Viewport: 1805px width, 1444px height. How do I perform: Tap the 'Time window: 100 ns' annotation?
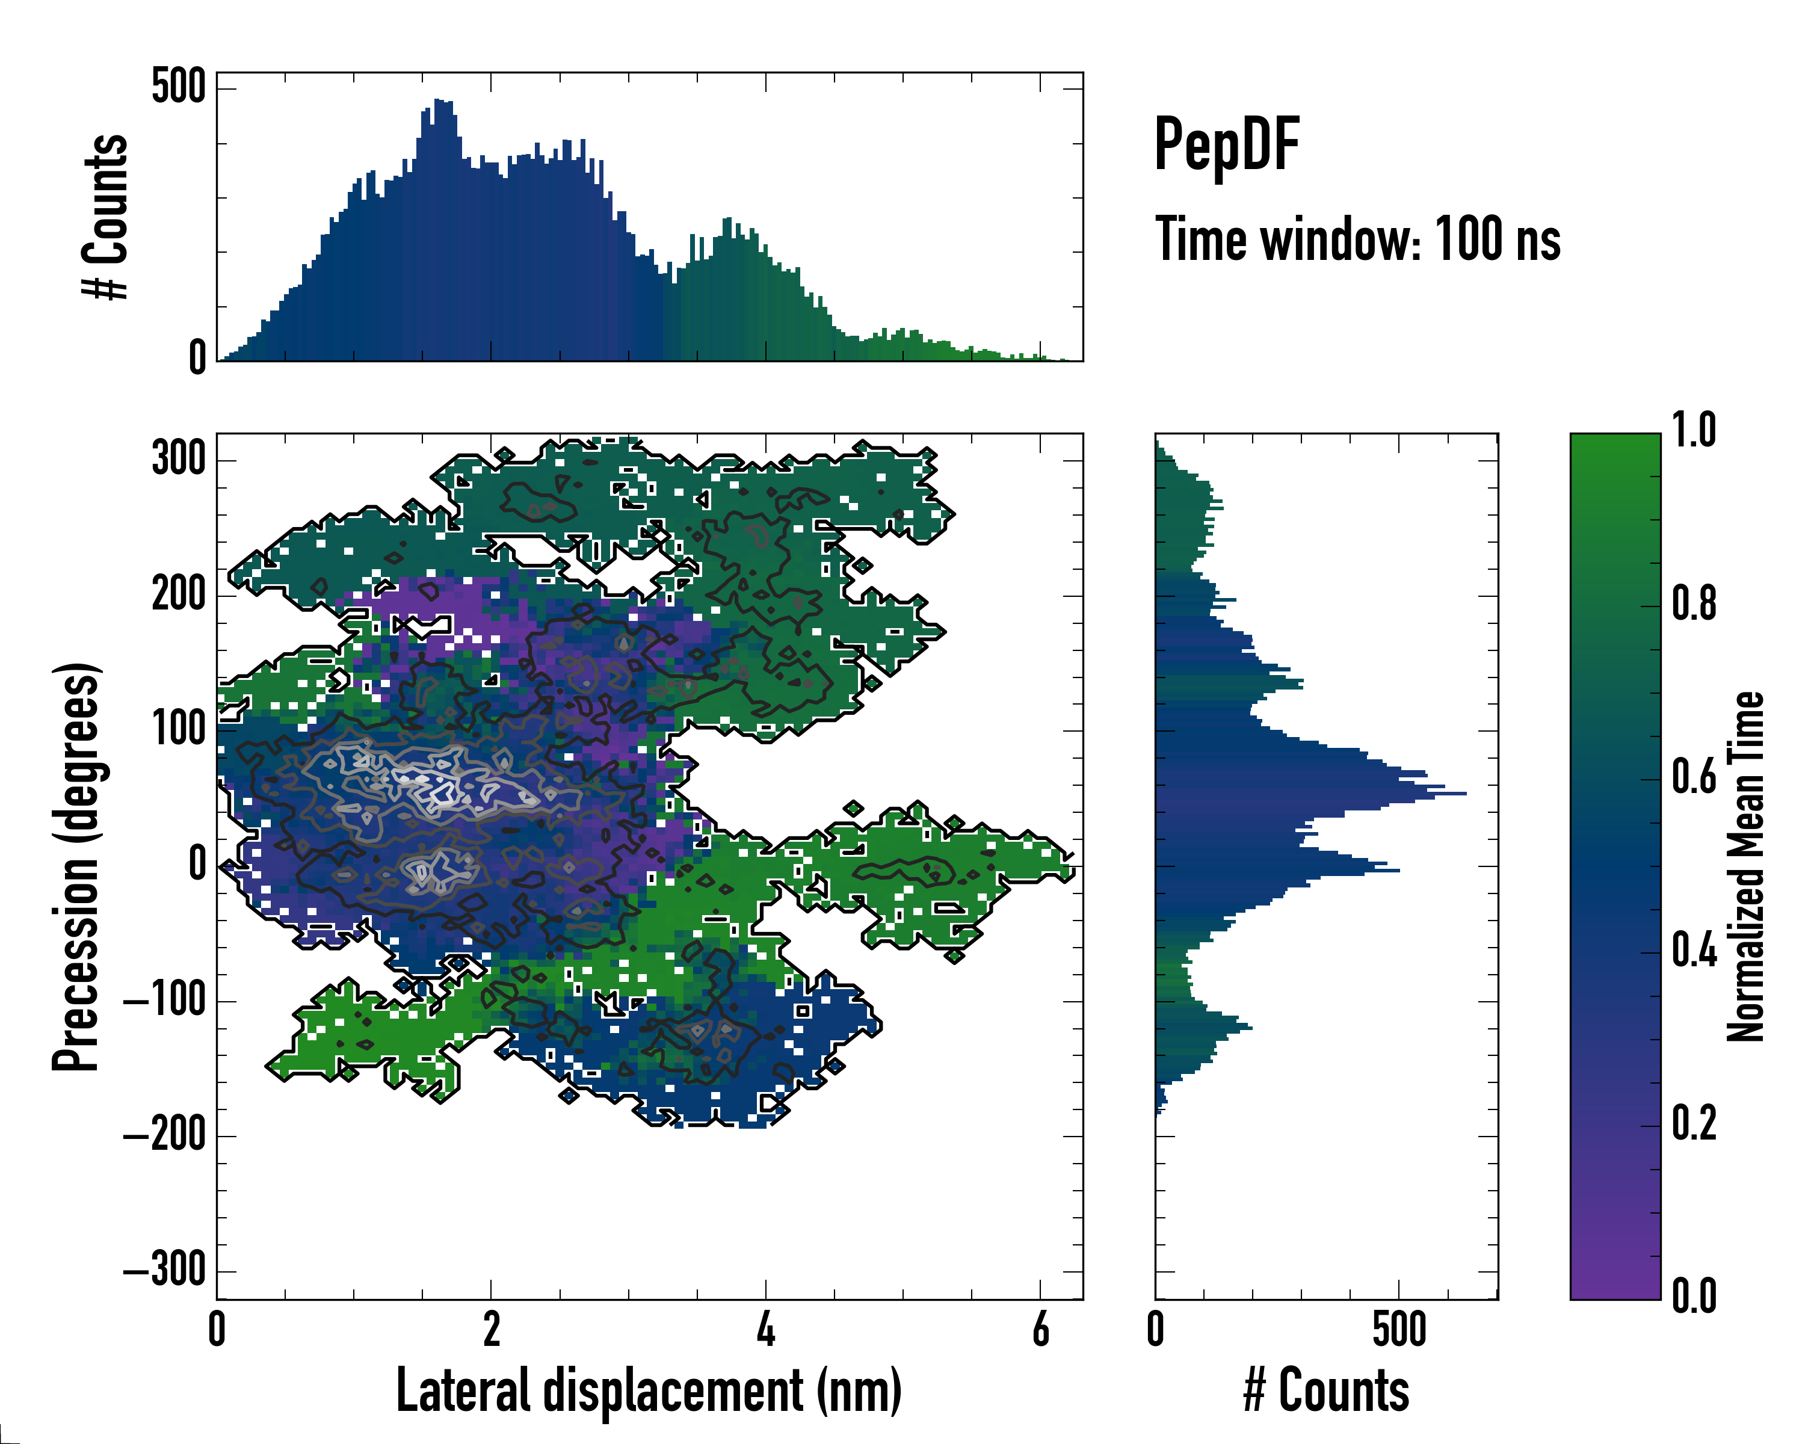pos(1357,240)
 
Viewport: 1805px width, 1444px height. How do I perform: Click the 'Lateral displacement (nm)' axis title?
pos(649,1391)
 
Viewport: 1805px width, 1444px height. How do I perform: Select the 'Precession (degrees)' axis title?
pos(77,866)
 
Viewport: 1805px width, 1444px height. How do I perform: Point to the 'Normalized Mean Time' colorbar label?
pos(1745,866)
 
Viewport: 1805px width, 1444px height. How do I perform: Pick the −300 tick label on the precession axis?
pos(165,1271)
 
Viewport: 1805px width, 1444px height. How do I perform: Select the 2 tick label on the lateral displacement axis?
pos(492,1329)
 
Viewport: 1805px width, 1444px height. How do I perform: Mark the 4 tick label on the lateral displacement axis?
pos(766,1329)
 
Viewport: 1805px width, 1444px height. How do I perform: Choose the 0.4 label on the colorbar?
pos(1694,951)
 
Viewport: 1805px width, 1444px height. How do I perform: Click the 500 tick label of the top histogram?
pos(178,87)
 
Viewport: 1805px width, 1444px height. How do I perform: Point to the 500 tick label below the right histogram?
pos(1399,1329)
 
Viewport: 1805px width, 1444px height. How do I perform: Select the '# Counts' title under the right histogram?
pos(1326,1391)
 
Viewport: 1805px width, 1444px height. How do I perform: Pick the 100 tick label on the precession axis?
pos(178,729)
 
